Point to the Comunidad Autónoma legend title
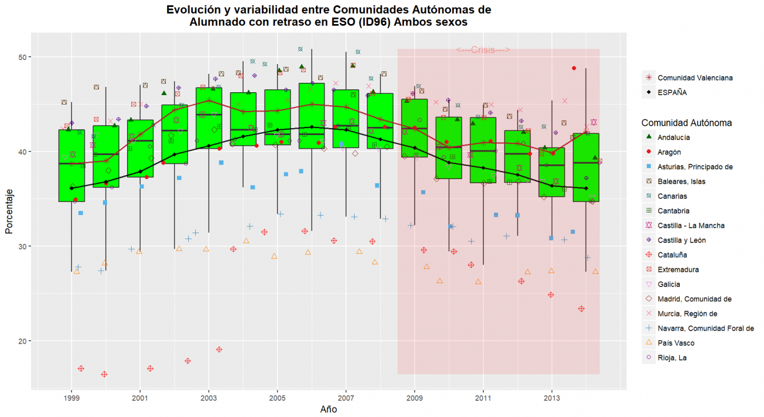pos(686,123)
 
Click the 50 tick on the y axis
pos(28,57)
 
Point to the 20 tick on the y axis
pos(28,341)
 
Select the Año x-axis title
pos(328,409)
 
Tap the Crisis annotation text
pos(482,50)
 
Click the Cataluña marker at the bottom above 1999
pos(81,369)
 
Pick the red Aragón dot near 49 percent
pos(574,68)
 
